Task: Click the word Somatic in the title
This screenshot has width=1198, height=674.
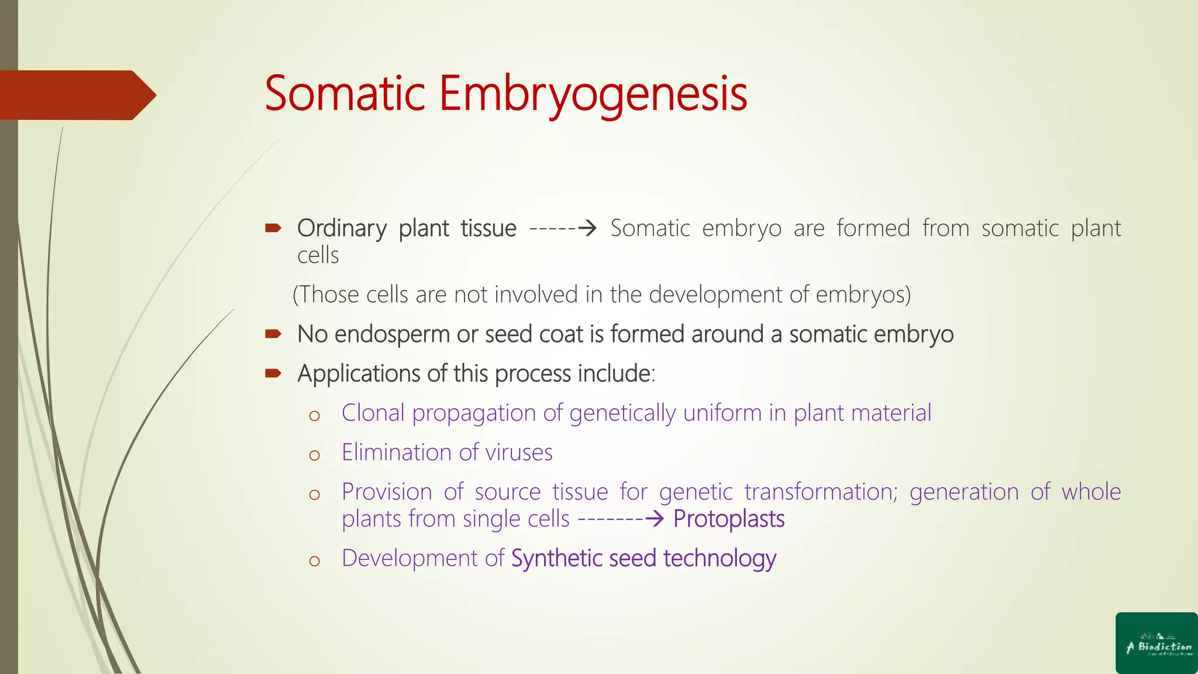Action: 345,94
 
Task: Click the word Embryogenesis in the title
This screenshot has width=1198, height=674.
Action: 593,94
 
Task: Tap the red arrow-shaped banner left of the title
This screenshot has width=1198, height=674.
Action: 76,95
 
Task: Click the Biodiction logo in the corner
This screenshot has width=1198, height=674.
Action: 1156,643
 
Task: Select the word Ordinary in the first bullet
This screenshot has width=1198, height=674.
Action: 342,228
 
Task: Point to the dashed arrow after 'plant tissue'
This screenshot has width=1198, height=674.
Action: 562,228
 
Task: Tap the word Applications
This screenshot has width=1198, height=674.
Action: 359,374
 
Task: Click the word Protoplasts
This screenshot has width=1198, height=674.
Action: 728,519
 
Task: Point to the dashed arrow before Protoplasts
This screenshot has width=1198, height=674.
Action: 620,519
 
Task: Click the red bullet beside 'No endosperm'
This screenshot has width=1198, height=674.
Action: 273,334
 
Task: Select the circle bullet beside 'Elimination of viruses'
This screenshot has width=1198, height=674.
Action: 315,455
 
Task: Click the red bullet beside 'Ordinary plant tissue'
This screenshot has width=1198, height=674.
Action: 273,228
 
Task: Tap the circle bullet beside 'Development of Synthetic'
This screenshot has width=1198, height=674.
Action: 315,561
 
